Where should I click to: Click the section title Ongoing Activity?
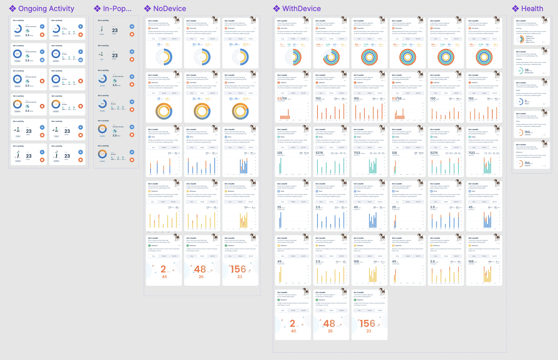click(46, 9)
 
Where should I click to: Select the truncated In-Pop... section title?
click(117, 9)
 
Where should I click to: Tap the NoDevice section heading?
click(169, 9)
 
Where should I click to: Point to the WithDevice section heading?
click(301, 9)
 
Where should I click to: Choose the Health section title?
click(532, 9)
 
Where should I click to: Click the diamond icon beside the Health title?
click(515, 9)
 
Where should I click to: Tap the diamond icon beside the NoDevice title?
click(148, 9)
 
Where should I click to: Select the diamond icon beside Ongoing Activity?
click(12, 9)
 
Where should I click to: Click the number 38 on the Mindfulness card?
click(526, 70)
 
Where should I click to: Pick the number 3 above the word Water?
click(525, 101)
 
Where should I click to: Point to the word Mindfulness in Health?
click(529, 73)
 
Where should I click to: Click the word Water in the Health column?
click(527, 104)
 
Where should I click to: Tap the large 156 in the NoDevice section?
click(238, 269)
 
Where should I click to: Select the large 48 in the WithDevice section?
click(329, 323)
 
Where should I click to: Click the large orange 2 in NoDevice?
click(163, 269)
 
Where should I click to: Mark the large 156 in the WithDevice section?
click(367, 323)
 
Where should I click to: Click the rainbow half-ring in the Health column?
click(520, 39)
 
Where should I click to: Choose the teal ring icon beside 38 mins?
click(520, 71)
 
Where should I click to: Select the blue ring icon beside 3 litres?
click(520, 102)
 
